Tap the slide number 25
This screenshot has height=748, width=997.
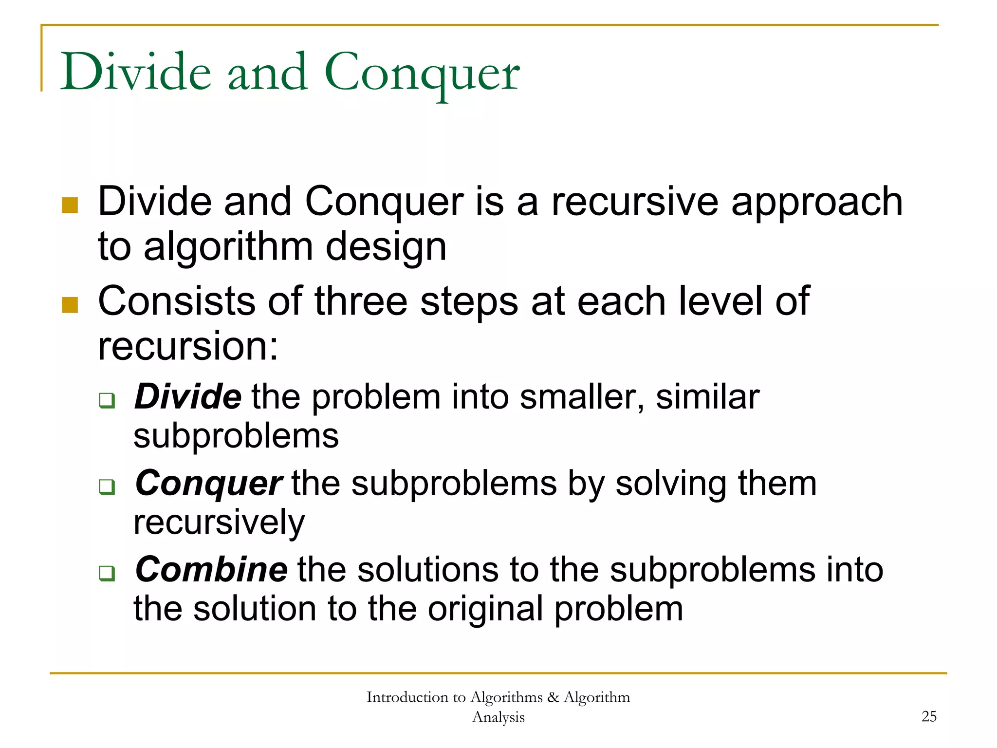pos(929,716)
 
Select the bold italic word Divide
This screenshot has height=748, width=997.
pos(187,396)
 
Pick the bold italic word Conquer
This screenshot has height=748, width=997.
pos(208,484)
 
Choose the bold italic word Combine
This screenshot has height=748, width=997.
pos(211,569)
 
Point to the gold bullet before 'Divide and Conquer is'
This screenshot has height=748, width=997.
pos(70,205)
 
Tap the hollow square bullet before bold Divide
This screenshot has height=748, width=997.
pos(107,400)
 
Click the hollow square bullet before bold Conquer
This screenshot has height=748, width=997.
pos(107,486)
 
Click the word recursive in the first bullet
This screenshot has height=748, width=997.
pos(634,202)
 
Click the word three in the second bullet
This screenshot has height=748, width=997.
pos(361,301)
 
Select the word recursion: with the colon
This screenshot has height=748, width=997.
pos(188,346)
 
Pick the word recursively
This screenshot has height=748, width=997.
pos(219,523)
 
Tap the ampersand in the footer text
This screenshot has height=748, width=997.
pos(553,697)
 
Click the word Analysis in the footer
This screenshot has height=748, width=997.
pos(498,717)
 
